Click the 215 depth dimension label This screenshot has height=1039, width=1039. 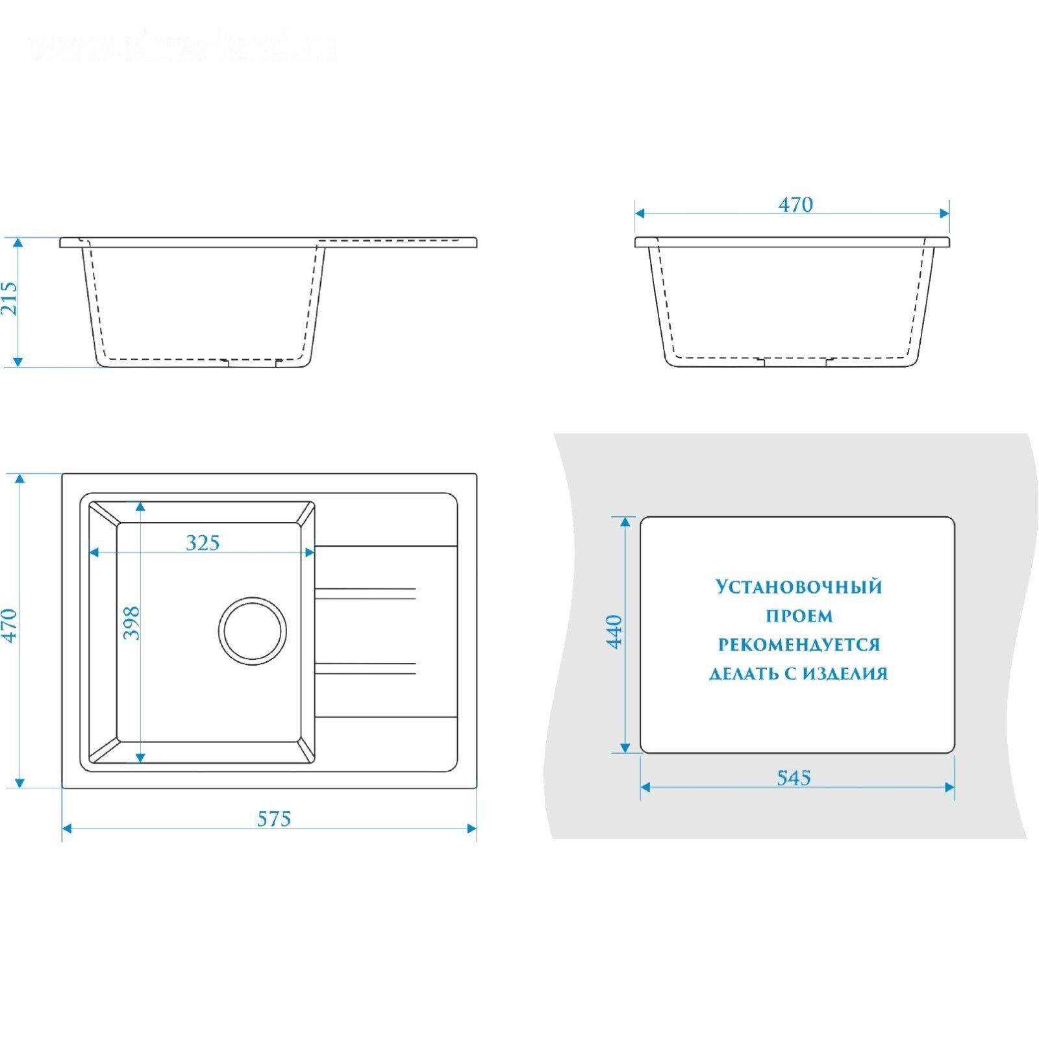9,298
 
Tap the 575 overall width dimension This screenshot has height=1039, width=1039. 273,819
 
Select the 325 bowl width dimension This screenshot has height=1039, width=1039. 203,542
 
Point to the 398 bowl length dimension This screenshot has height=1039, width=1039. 132,623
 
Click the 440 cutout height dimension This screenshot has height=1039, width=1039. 614,631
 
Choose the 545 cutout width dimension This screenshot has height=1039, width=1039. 794,777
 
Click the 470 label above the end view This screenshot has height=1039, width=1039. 795,205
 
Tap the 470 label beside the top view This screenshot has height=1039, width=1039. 9,625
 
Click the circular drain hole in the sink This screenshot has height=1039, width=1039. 252,631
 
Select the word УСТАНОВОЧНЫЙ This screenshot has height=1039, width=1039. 799,587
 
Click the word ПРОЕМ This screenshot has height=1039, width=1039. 799,616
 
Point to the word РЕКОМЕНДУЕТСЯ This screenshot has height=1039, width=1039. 799,645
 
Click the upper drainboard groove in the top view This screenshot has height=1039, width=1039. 365,594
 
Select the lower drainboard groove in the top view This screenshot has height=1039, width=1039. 365,668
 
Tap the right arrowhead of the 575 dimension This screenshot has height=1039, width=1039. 472,828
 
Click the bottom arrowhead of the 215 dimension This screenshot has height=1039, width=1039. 18,362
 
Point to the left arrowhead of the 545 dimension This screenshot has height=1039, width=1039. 645,787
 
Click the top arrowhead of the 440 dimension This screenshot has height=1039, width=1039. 625,522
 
